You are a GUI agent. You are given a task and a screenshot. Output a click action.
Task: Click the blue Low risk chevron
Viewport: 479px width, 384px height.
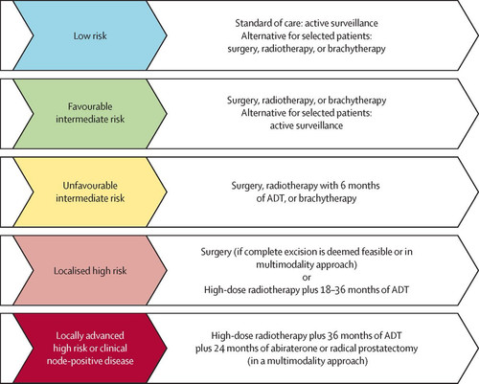point(90,35)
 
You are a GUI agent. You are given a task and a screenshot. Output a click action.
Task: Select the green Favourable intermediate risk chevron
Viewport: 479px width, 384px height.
point(90,114)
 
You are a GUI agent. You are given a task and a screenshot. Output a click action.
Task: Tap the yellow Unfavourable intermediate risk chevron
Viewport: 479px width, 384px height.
point(90,192)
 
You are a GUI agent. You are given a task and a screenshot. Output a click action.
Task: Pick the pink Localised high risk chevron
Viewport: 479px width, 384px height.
point(90,270)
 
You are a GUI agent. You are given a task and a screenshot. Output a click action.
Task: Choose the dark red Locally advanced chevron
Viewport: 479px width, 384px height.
point(90,349)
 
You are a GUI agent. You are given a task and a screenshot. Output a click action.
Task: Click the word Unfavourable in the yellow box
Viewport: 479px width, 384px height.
point(90,186)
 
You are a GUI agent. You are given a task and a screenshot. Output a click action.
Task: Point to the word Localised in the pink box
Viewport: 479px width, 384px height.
point(72,271)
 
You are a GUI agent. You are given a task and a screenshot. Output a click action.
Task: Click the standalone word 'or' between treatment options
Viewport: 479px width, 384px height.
point(307,277)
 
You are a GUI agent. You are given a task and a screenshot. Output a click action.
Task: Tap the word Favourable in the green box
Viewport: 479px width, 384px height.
point(90,106)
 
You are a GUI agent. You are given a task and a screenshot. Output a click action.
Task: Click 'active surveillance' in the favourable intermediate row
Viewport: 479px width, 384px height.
point(307,125)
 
